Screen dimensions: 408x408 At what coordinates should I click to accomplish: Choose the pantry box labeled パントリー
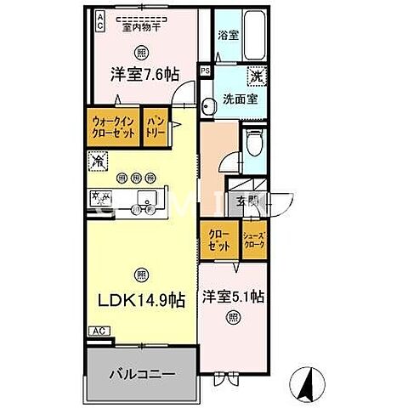point(155,127)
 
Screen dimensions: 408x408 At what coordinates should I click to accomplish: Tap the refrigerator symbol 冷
point(99,159)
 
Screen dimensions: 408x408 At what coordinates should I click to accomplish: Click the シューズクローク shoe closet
point(253,239)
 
